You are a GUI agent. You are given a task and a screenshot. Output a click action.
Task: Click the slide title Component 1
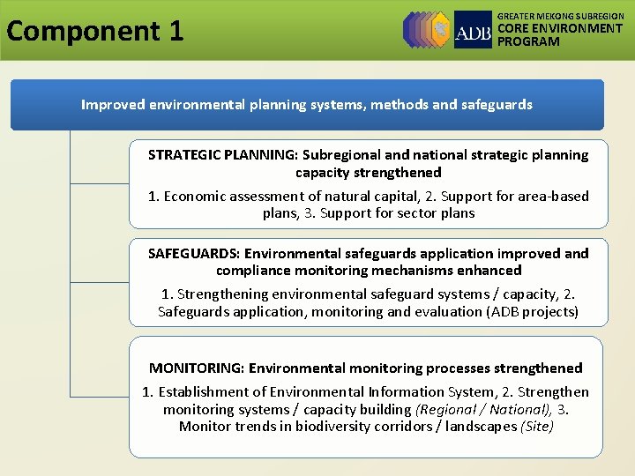[x=95, y=31]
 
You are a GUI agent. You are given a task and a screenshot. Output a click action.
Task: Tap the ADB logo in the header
[x=473, y=30]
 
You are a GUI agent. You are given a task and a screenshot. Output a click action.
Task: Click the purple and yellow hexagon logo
[x=427, y=29]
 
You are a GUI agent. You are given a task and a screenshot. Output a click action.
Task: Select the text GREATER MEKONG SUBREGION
[x=561, y=16]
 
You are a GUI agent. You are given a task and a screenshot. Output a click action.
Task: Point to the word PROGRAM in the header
[x=528, y=41]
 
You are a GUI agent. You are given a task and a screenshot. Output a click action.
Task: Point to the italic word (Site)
[x=538, y=427]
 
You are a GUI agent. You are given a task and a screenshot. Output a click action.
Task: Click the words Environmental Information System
[x=370, y=392]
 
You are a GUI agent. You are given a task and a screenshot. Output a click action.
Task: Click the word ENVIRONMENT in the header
[x=579, y=28]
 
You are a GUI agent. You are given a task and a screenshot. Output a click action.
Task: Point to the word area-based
[x=555, y=197]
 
